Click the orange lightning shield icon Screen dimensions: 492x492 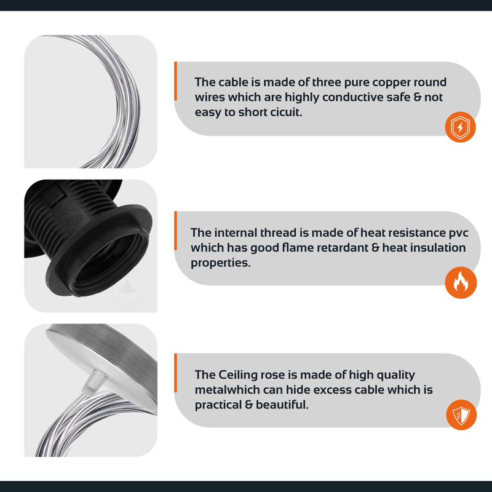(x=460, y=127)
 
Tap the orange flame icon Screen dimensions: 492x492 (x=461, y=283)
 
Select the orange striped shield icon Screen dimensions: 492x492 (x=461, y=415)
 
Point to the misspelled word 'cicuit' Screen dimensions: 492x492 (x=286, y=112)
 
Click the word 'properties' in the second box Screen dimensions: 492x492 (x=221, y=263)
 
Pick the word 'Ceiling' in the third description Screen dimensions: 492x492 (x=238, y=375)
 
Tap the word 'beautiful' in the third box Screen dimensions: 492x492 (x=282, y=405)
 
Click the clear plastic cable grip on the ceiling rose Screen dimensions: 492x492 (x=91, y=381)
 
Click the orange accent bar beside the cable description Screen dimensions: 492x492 (x=176, y=81)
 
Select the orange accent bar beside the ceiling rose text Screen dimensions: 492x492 (x=176, y=373)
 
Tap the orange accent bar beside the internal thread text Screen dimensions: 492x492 (x=176, y=231)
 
